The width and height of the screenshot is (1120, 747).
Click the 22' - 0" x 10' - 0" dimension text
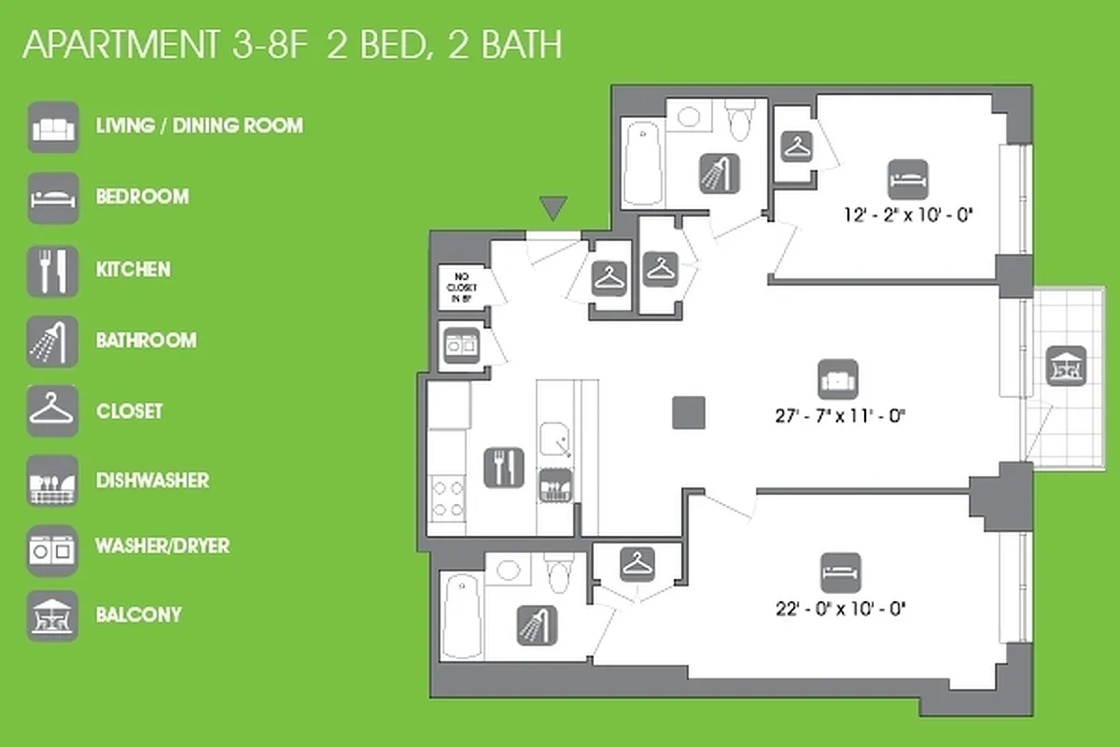(841, 608)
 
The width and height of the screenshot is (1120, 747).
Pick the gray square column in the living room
(689, 413)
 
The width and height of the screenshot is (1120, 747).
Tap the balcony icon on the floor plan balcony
(1065, 365)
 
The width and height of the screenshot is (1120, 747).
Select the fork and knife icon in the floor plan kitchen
(504, 467)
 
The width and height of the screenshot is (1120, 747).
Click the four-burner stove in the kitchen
(447, 497)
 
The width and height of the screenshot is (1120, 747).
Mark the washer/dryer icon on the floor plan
(461, 342)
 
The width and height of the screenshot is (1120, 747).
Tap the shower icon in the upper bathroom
(720, 173)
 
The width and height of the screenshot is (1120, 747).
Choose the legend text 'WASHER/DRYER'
(162, 545)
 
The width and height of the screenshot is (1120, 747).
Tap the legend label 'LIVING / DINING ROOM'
(200, 125)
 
